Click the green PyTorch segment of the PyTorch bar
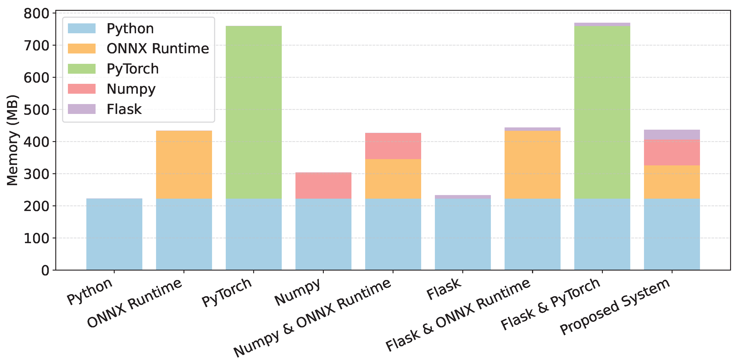click(x=254, y=112)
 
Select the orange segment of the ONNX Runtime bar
click(x=184, y=164)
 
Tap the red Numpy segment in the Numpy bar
click(x=323, y=185)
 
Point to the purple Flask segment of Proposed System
click(x=672, y=135)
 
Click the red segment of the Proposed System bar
click(x=672, y=152)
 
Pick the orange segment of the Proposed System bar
click(x=672, y=182)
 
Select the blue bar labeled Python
click(x=114, y=234)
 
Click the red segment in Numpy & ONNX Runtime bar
click(x=393, y=146)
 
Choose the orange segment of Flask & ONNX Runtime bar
click(x=532, y=164)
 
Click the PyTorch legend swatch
click(x=82, y=69)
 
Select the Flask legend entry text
click(x=124, y=109)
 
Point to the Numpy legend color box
click(x=82, y=89)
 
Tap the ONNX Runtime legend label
click(x=158, y=48)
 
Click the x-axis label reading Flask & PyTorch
click(x=550, y=304)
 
